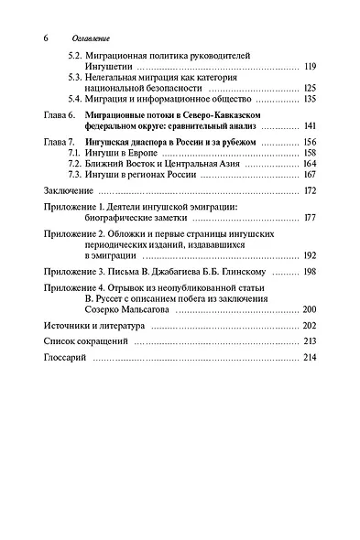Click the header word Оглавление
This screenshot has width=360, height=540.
tap(91, 39)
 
